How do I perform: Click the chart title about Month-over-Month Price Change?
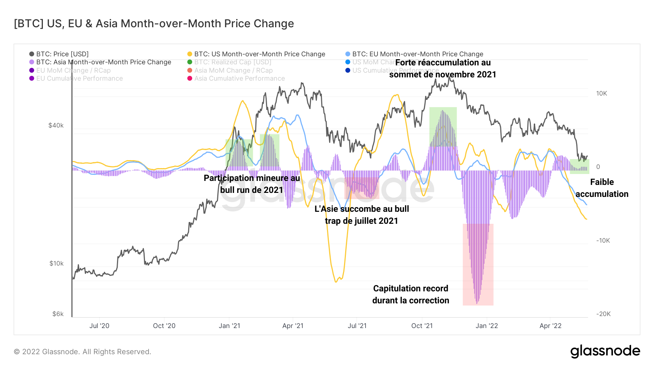point(154,24)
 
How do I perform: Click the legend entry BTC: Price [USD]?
point(62,54)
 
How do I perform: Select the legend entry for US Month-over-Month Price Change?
point(259,54)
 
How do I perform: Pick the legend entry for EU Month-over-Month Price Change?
point(417,54)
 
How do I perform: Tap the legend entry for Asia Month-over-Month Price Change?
point(104,62)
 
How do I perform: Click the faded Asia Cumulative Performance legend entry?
point(239,78)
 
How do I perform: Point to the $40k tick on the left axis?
point(56,125)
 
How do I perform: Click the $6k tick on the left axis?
point(58,314)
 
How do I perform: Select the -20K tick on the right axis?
point(603,314)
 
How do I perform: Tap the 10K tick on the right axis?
point(601,93)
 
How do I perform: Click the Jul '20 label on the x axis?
point(99,326)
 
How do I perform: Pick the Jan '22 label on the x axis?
point(487,326)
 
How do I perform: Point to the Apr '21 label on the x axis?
point(293,326)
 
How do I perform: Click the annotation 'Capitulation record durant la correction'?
point(411,294)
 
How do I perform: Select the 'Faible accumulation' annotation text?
point(602,188)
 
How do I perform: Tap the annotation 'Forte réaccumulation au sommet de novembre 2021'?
point(443,68)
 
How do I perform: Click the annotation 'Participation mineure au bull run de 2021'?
point(252,184)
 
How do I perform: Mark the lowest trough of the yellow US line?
point(336,282)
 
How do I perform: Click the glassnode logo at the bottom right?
point(605,351)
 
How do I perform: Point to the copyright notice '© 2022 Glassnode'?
point(82,352)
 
